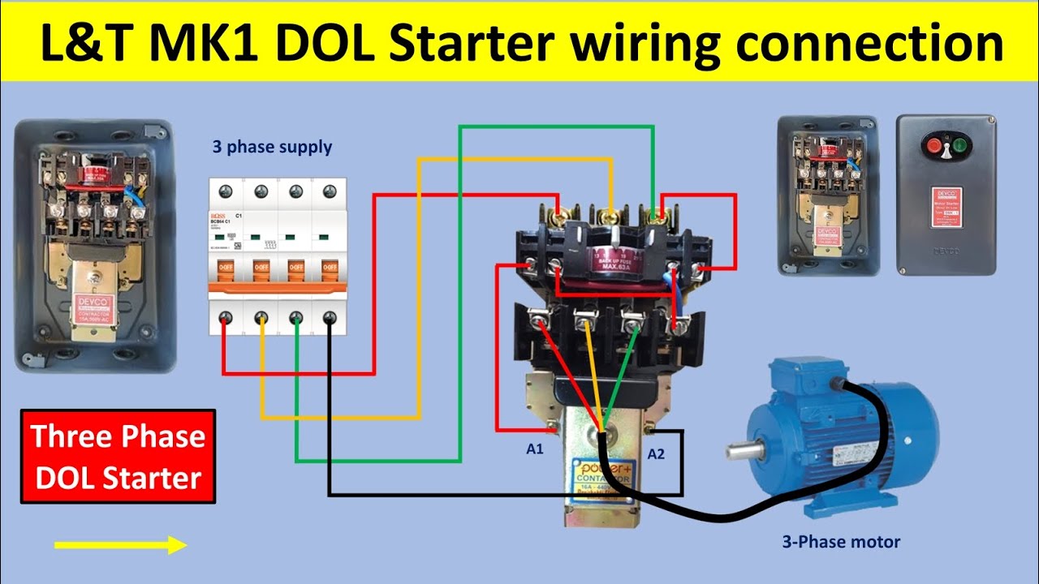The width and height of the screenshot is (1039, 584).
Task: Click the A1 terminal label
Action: [x=534, y=449]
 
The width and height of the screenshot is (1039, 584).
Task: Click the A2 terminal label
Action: [x=656, y=454]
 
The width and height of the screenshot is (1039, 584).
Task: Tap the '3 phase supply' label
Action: [x=272, y=148]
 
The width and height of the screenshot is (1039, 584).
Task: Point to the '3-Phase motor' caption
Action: [x=841, y=542]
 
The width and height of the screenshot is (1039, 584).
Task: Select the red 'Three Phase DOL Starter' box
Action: [x=118, y=457]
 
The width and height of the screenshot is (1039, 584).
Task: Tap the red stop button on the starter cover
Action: [x=933, y=147]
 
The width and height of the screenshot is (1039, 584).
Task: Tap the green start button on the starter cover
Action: [x=960, y=147]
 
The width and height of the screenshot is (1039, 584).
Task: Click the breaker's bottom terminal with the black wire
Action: [x=329, y=318]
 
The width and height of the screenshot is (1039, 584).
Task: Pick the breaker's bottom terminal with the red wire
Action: [x=226, y=318]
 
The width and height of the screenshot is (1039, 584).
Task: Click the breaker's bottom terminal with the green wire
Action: [x=295, y=318]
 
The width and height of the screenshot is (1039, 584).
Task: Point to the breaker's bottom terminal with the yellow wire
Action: [x=261, y=318]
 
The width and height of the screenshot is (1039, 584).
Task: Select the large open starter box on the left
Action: [x=95, y=246]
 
